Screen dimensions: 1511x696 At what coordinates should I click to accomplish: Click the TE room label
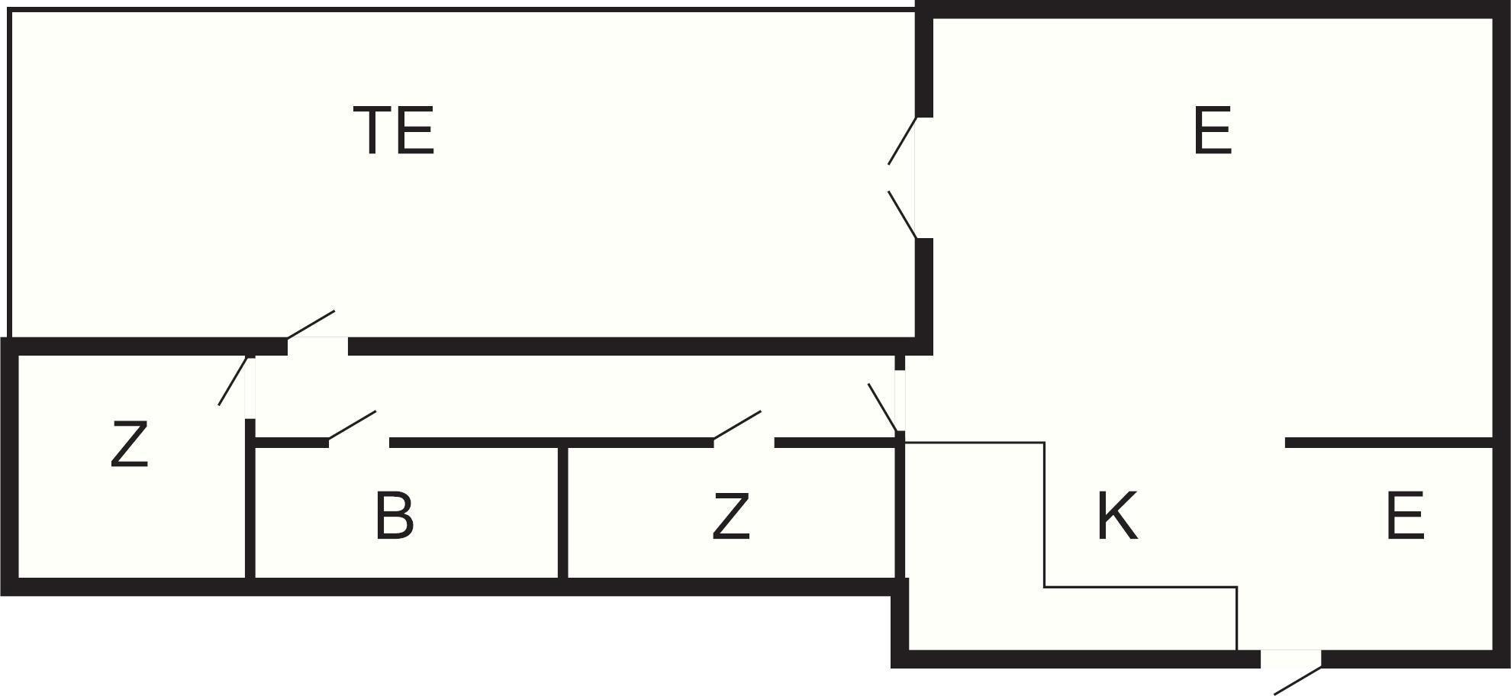(394, 130)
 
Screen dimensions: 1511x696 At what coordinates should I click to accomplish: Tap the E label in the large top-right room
(1212, 130)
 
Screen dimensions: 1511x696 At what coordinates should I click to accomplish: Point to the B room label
(394, 517)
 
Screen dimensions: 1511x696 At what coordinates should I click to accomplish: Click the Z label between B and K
(730, 517)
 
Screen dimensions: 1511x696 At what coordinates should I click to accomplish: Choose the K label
(1117, 517)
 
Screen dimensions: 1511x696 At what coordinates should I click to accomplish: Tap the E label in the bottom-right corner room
(1404, 517)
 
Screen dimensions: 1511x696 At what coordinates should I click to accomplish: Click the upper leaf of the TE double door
(902, 140)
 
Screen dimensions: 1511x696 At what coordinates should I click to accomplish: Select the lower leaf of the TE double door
(902, 214)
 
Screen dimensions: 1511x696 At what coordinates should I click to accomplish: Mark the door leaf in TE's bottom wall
(311, 324)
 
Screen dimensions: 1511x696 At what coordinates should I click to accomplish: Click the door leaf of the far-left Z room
(233, 380)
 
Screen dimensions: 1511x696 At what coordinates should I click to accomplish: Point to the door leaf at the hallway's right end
(883, 408)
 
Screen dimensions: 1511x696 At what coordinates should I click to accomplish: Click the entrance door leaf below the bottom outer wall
(1298, 681)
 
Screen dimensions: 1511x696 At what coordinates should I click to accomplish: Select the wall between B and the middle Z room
(562, 511)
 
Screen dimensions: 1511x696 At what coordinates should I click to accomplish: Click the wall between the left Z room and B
(250, 499)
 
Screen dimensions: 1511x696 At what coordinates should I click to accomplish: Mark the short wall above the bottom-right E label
(1389, 443)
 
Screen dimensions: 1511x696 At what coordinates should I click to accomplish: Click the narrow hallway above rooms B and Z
(575, 397)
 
